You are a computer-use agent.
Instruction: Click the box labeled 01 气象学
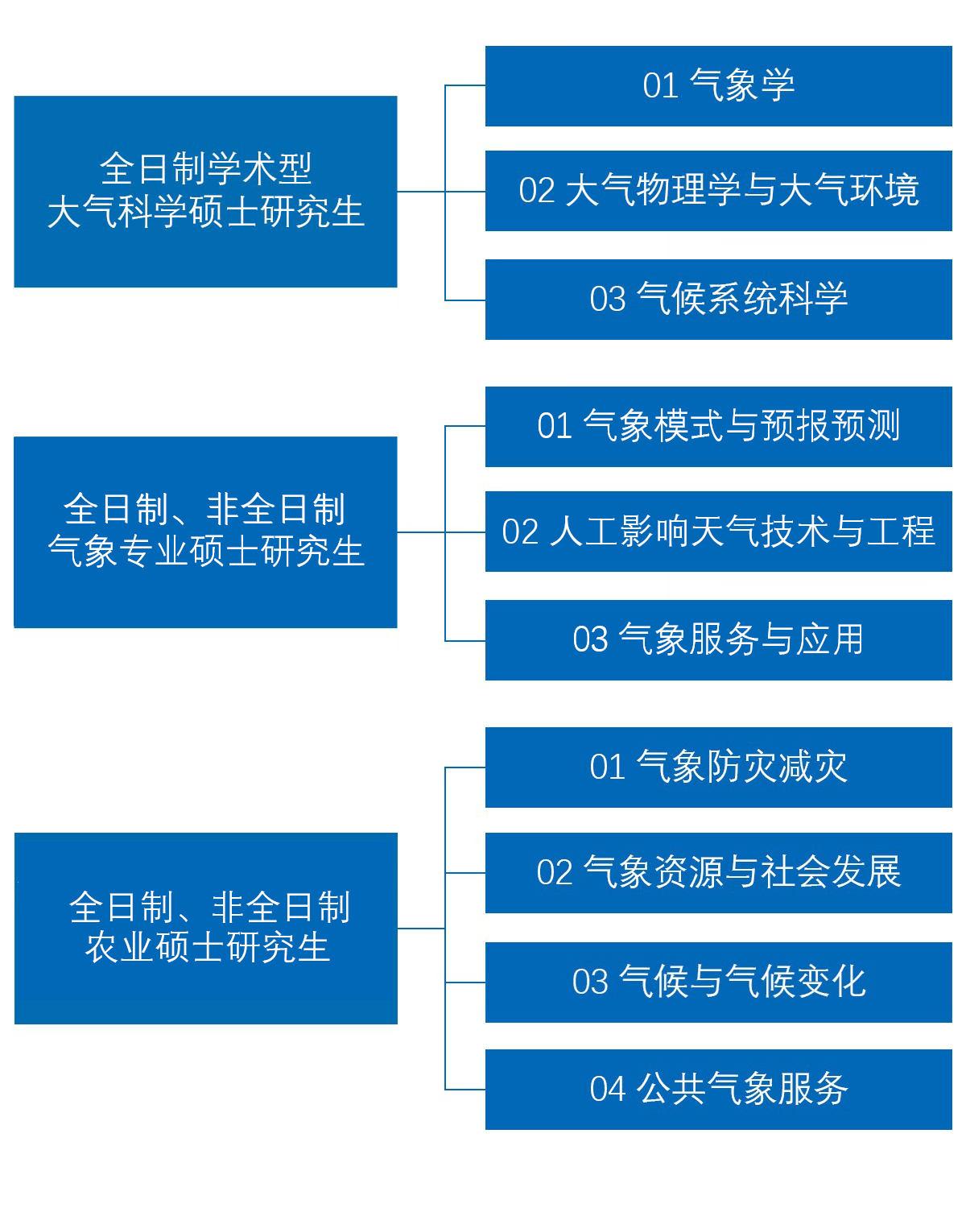718,86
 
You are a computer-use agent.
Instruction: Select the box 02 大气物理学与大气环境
718,191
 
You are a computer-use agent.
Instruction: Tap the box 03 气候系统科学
718,300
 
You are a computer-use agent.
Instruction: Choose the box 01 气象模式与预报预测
718,427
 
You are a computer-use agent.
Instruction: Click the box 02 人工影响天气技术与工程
718,532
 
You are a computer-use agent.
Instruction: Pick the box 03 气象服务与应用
718,640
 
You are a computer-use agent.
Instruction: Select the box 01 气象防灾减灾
718,767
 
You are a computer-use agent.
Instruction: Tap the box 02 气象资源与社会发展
718,873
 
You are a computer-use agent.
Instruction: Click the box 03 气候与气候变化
718,983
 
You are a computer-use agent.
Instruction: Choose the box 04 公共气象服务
718,1090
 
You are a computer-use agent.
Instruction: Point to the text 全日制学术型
205,169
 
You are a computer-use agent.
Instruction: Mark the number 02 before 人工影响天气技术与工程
520,532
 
